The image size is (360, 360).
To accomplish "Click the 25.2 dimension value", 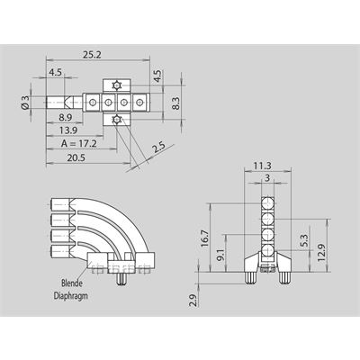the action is [x=92, y=55].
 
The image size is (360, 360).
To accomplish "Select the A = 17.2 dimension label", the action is [x=79, y=144].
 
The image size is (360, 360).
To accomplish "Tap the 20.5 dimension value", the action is [x=76, y=157].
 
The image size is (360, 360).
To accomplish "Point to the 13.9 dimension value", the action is [x=68, y=130].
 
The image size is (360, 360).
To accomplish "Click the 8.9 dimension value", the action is [x=66, y=117].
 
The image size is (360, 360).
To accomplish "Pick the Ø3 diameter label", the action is [x=25, y=102].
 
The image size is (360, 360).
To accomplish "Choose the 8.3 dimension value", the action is [x=175, y=103].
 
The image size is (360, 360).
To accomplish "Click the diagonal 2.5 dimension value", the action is [x=159, y=148].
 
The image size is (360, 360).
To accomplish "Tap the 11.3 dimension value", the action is [x=263, y=166].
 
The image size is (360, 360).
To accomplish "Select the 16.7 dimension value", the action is [x=205, y=238].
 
